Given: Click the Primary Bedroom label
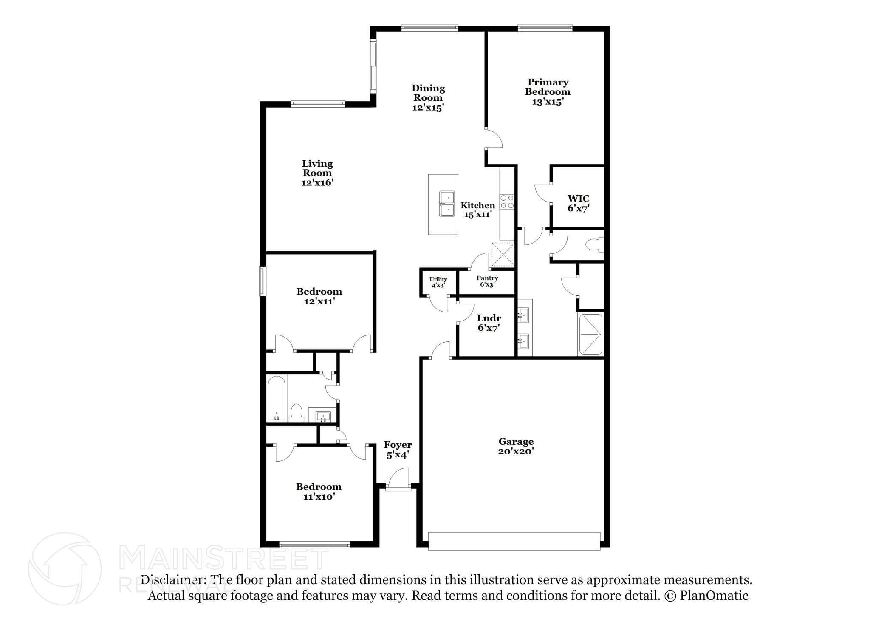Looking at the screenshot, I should [x=547, y=92].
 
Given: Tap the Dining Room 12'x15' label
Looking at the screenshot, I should [x=428, y=98].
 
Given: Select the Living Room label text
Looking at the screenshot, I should [x=317, y=173].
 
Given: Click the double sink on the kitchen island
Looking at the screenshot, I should [x=446, y=204].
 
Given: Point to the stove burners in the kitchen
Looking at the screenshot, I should [x=507, y=202].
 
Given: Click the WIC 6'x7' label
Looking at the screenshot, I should [x=578, y=203].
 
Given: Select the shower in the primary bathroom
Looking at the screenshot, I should [x=590, y=334].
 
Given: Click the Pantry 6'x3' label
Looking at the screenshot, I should [x=487, y=281].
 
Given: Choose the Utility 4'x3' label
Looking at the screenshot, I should [x=438, y=282].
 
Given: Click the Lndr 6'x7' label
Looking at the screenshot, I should [x=489, y=323].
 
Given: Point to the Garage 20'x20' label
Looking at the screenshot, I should [x=516, y=446].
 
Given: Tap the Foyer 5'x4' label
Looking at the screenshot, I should [x=398, y=450].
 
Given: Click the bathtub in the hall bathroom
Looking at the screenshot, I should [x=276, y=398].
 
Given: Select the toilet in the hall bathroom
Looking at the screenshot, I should [x=296, y=413].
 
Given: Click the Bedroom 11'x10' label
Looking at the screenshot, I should [x=319, y=491].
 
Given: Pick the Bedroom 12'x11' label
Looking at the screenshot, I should [x=319, y=296].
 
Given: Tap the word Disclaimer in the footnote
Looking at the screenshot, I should [x=171, y=580].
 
